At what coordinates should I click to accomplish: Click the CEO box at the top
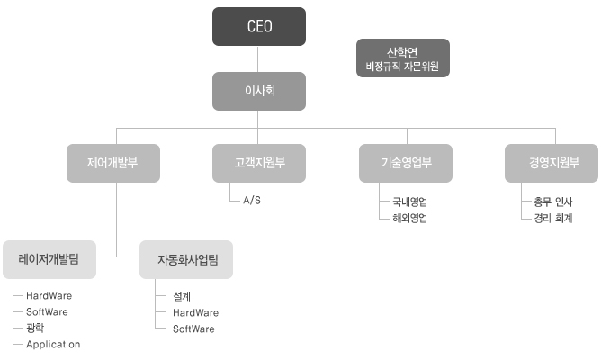(258, 26)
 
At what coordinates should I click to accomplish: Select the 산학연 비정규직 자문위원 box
(403, 58)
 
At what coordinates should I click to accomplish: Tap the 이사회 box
(258, 91)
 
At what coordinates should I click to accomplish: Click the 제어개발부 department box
(112, 163)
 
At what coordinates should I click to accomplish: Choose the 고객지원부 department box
(258, 163)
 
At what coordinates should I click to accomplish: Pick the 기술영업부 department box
(404, 163)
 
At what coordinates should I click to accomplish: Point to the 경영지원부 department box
(551, 163)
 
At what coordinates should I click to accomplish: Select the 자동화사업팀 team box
(186, 260)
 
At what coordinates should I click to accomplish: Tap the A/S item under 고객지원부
(252, 200)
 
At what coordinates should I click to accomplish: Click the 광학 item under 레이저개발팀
(35, 328)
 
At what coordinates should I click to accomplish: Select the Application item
(53, 344)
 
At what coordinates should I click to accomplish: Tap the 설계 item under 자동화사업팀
(182, 295)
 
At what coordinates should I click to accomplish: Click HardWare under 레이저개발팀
(49, 295)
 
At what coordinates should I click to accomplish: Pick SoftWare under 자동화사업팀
(193, 328)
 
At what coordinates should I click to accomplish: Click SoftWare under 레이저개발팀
(47, 311)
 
